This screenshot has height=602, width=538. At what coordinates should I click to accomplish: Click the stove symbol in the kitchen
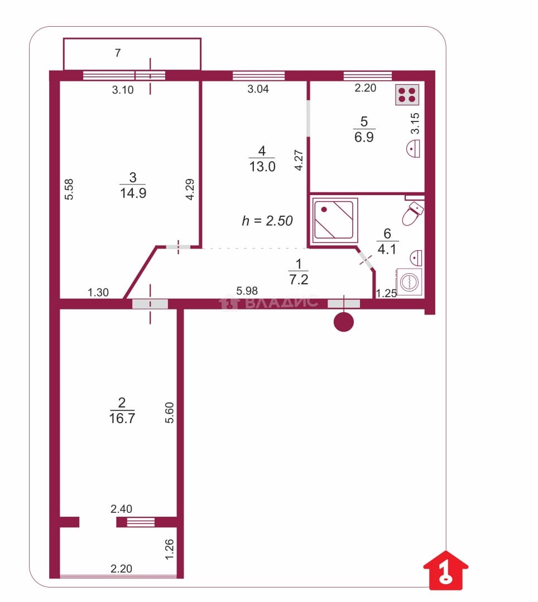point(407,94)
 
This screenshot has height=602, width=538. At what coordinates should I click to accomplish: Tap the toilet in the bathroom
point(413,214)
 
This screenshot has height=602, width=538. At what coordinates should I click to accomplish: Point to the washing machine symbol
point(409,281)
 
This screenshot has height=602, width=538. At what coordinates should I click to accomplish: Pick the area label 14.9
point(133,193)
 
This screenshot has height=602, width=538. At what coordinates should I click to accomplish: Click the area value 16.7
point(122,418)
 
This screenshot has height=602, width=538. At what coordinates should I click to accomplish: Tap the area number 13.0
point(262,167)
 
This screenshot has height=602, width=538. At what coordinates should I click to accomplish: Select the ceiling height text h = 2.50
point(267,221)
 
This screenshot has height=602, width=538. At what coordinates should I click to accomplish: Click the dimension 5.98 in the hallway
point(247,291)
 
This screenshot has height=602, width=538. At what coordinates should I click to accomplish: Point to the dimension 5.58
point(69,190)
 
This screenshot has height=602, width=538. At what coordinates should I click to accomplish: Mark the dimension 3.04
point(258,89)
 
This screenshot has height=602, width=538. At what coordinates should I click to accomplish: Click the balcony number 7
point(118,52)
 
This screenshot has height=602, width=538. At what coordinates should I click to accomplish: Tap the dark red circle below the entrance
point(344,322)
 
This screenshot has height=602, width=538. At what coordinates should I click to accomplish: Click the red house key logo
point(446,570)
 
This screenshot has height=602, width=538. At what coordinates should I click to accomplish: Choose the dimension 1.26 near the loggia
point(169,550)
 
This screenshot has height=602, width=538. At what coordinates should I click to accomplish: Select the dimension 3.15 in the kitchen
point(415,123)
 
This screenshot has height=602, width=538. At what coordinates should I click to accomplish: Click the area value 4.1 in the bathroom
point(387,249)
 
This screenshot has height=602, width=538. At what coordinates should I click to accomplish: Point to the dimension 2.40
point(121,509)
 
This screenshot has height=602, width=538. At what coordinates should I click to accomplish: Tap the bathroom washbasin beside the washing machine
point(416,258)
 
